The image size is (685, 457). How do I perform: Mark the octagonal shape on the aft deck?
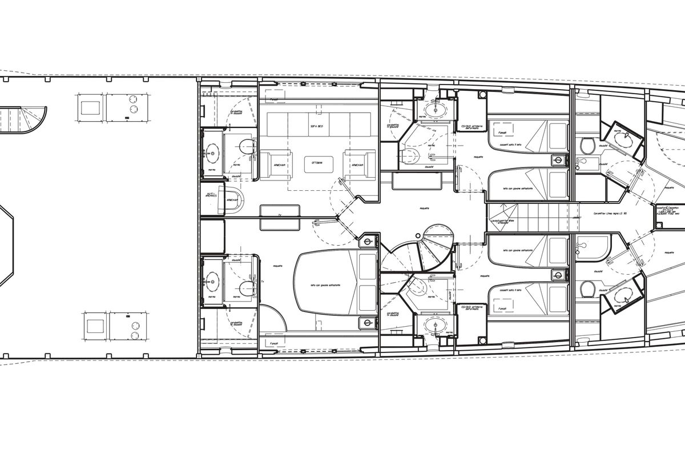click(x=9, y=246)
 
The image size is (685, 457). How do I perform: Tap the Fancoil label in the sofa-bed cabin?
click(x=273, y=98)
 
